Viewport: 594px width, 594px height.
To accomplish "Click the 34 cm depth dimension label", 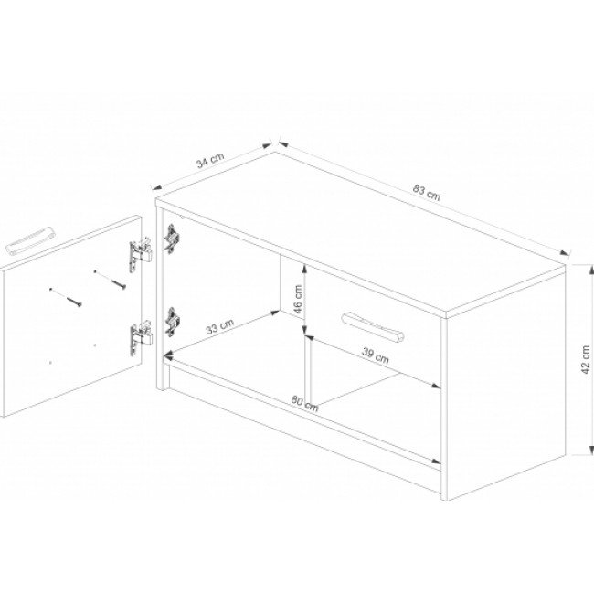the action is pyautogui.click(x=210, y=160).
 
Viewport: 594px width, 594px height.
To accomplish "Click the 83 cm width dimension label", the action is pyautogui.click(x=427, y=192).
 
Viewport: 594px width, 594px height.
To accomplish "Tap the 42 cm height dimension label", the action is pyautogui.click(x=585, y=359).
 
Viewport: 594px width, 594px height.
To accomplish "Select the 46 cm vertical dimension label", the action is pyautogui.click(x=298, y=299).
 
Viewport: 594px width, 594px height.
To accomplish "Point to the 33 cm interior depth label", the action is pyautogui.click(x=220, y=326).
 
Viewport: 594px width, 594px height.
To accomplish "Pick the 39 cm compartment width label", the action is pyautogui.click(x=375, y=355).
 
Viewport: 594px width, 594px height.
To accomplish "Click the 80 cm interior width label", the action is pyautogui.click(x=305, y=403).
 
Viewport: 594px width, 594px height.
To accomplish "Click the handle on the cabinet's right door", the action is pyautogui.click(x=373, y=327).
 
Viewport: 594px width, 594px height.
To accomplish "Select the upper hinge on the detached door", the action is pyautogui.click(x=141, y=254).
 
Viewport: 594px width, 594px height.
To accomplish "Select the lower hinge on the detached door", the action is pyautogui.click(x=141, y=338).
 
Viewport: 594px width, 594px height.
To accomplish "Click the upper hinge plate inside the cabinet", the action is pyautogui.click(x=173, y=239).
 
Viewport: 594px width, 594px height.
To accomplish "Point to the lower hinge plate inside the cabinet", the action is pyautogui.click(x=173, y=322).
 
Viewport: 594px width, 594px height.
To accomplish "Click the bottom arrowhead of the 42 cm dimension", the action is pyautogui.click(x=590, y=450).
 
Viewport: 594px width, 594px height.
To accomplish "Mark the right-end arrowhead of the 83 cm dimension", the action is pyautogui.click(x=566, y=253).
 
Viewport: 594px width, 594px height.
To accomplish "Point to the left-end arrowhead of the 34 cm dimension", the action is pyautogui.click(x=156, y=187).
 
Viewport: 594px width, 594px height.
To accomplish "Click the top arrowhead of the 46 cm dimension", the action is pyautogui.click(x=304, y=270).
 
